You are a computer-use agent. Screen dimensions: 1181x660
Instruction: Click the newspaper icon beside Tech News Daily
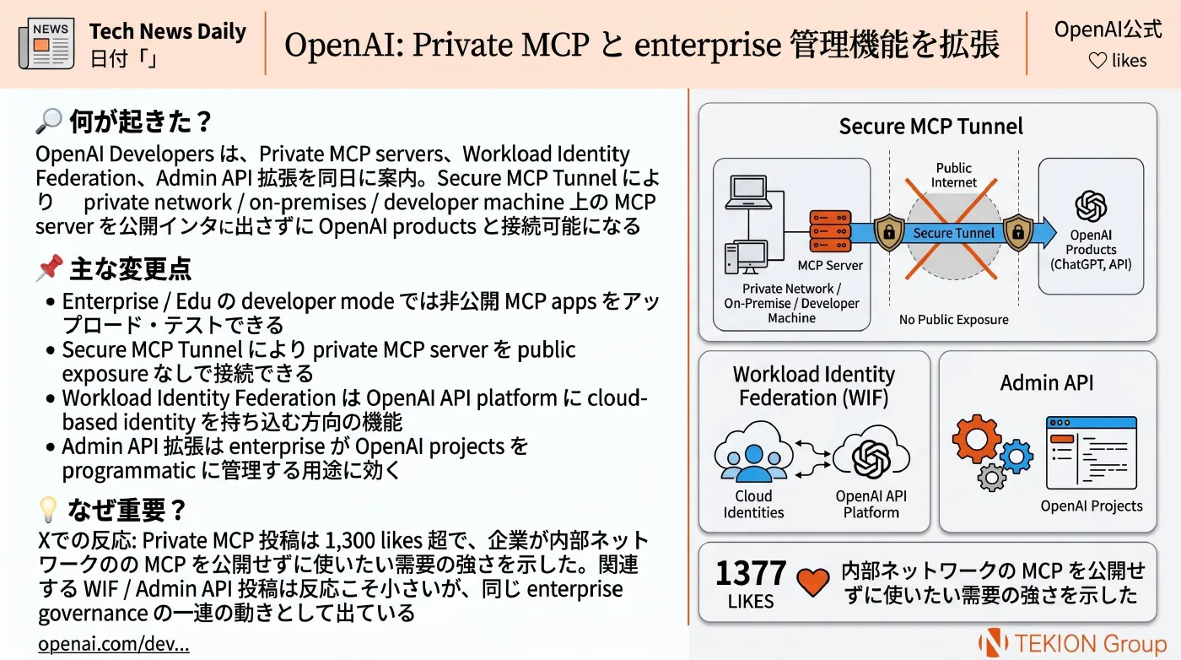[x=46, y=43]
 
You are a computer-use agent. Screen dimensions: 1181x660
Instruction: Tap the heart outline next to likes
[x=1097, y=61]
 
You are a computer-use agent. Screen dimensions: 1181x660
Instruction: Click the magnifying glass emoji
[x=49, y=121]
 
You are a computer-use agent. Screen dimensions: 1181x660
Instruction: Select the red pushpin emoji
[x=50, y=268]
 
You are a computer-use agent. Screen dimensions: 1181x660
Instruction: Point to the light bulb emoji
[x=48, y=510]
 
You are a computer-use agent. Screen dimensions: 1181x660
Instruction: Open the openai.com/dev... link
[x=113, y=644]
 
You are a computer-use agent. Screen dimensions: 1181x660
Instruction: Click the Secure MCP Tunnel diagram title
[x=930, y=127]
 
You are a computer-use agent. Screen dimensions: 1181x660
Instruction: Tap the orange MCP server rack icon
[x=830, y=231]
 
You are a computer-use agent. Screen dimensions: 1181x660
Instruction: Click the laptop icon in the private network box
[x=748, y=192]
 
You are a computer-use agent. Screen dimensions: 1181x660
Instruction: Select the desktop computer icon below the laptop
[x=746, y=257]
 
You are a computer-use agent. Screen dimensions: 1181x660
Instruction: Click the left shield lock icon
[x=889, y=232]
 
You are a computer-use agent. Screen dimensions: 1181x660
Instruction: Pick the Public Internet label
[x=953, y=176]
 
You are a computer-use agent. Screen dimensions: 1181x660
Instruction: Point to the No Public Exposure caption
[x=953, y=319]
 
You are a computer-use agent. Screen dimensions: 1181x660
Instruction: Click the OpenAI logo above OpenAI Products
[x=1090, y=206]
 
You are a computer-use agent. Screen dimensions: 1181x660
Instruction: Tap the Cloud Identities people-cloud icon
[x=753, y=452]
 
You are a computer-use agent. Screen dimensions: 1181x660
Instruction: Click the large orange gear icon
[x=977, y=439]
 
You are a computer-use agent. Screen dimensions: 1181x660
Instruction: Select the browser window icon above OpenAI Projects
[x=1092, y=452]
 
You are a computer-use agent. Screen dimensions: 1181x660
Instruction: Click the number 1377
[x=751, y=573]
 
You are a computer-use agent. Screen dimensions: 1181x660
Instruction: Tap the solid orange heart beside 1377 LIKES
[x=812, y=582]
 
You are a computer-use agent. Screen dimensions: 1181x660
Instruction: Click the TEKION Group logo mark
[x=993, y=642]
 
